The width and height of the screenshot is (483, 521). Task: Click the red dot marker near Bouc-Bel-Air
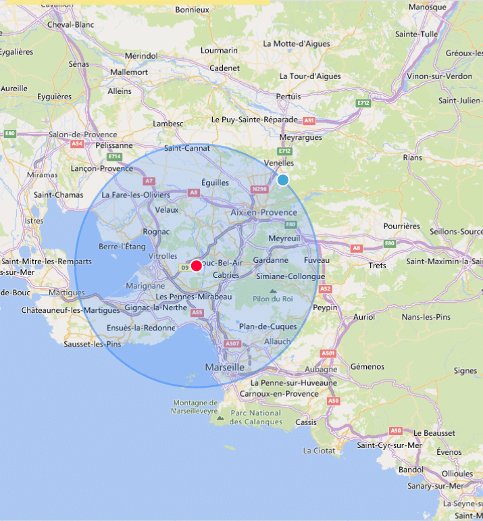[196, 266]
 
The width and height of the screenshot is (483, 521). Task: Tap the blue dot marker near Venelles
[283, 180]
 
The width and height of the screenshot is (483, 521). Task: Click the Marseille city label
[224, 367]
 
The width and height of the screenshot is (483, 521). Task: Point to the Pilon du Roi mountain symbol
[274, 291]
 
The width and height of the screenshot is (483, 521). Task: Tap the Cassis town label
[305, 422]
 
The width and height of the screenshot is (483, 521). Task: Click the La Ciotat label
[317, 450]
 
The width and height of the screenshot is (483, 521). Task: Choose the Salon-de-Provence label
[82, 134]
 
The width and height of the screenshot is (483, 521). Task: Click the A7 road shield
[149, 180]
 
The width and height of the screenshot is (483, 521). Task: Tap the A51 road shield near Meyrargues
[309, 120]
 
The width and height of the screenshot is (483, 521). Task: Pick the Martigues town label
[66, 293]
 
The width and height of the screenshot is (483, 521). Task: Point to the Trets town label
[378, 266]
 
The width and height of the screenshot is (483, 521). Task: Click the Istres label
[34, 220]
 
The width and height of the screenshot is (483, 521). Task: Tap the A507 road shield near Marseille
[233, 343]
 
